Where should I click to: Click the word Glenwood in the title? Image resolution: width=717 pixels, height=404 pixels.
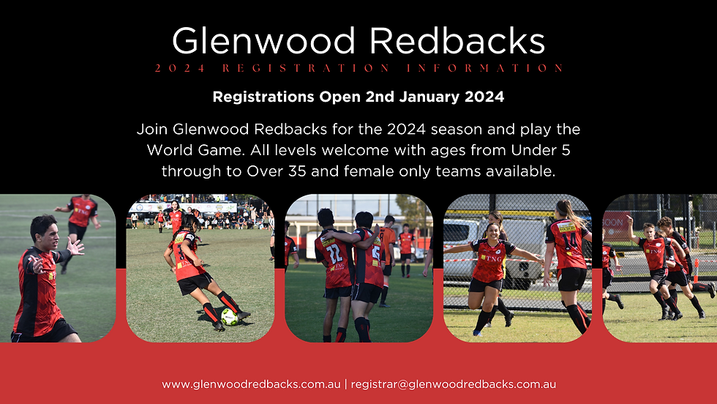pos(264,41)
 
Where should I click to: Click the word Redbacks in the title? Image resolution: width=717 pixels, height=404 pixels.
pos(457,41)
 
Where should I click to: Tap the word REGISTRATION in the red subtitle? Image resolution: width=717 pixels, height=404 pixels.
pos(307,68)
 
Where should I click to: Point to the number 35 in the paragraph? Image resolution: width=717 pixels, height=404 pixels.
pos(298,171)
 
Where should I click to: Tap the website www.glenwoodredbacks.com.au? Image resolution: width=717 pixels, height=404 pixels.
pos(251,384)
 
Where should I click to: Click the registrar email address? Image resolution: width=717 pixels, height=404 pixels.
pos(453,384)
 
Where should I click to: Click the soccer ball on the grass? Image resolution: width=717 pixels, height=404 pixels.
pos(229,317)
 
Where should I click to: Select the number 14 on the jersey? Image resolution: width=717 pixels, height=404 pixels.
pos(570,242)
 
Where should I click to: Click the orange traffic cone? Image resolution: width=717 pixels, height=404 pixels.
pos(696,271)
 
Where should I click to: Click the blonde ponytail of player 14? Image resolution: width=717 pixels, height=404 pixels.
pos(571,213)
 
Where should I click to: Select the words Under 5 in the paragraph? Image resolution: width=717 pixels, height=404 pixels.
pos(541,150)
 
